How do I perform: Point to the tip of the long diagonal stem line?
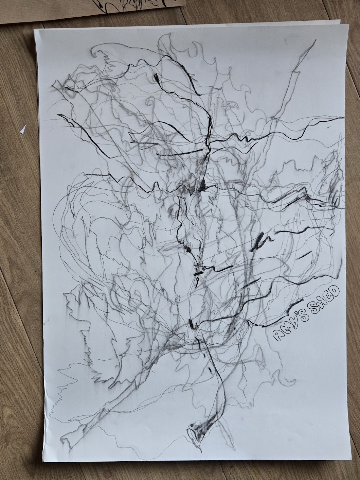[315, 40]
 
